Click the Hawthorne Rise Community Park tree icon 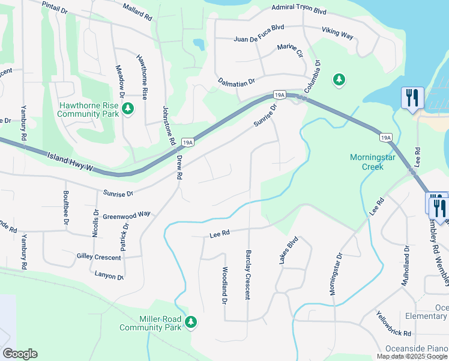127,108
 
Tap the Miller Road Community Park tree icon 191,322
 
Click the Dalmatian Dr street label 237,81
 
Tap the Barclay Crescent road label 247,275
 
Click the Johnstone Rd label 169,125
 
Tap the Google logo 20,354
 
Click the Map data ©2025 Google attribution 412,356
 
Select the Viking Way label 337,35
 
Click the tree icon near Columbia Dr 339,79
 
